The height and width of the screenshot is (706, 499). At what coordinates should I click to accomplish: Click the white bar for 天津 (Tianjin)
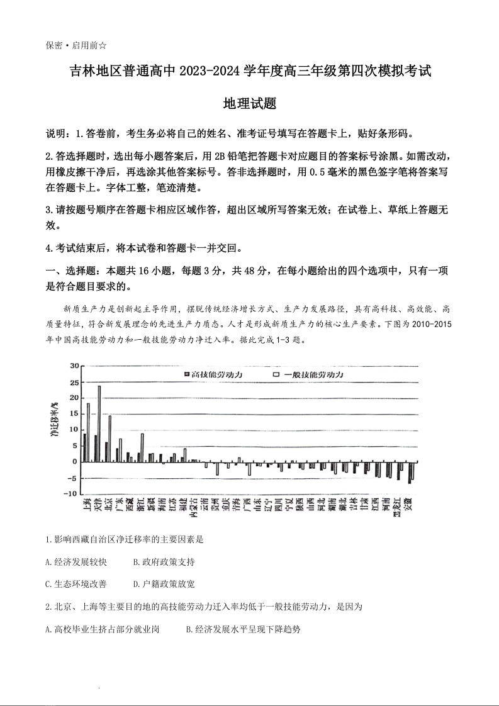click(99, 423)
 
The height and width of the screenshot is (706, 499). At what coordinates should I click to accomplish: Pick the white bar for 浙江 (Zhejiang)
click(142, 447)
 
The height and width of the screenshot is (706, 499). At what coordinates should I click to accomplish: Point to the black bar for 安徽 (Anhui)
click(410, 472)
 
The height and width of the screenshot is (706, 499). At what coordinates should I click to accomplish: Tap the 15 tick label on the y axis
click(74, 413)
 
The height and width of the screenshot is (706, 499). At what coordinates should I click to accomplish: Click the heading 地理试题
click(249, 104)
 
